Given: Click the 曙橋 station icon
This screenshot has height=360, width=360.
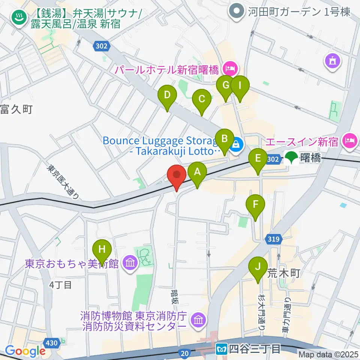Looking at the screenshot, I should click(291, 158).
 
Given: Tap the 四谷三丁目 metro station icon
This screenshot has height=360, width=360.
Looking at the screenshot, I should click(221, 349).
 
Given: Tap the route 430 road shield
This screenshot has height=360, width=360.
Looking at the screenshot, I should click(50, 343).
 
